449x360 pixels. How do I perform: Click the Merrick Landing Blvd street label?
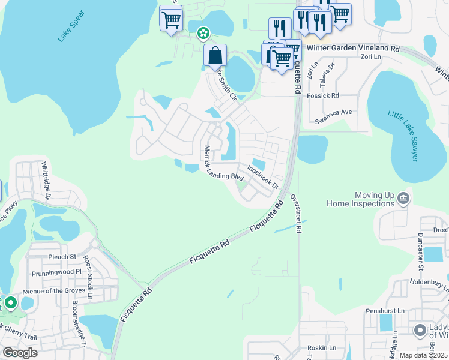click(x=223, y=164)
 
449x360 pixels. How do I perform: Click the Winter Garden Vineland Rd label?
click(x=352, y=47)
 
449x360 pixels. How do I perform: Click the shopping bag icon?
click(x=215, y=56)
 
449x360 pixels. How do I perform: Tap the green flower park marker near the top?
click(x=203, y=32)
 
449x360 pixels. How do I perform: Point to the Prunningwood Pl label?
click(x=53, y=272)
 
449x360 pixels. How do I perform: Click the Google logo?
click(x=20, y=353)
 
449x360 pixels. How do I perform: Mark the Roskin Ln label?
click(x=320, y=348)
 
